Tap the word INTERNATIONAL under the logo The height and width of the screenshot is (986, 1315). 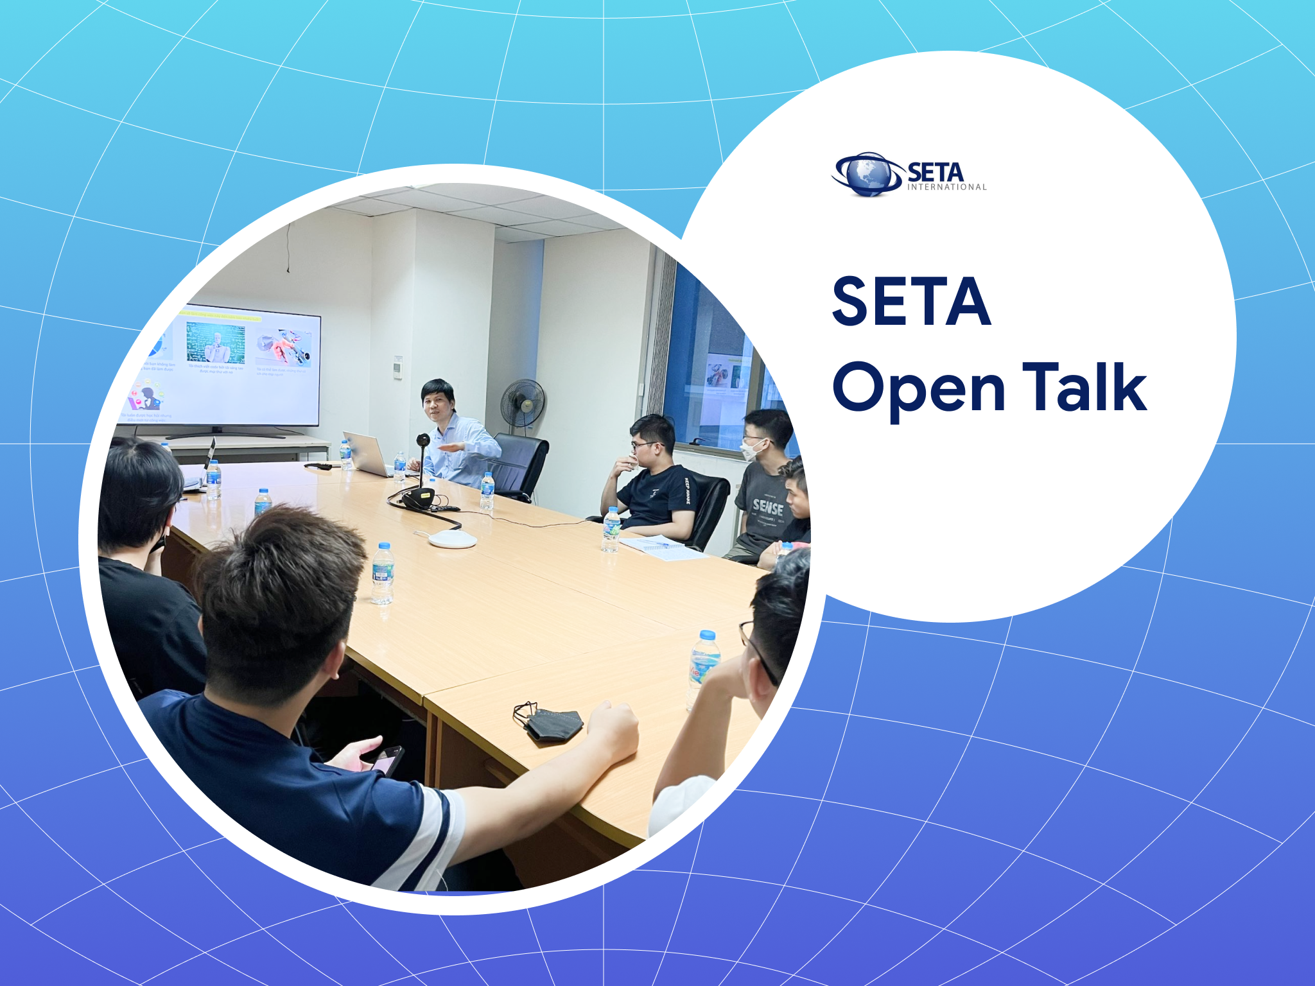tap(946, 187)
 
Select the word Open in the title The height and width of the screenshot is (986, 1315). tap(918, 389)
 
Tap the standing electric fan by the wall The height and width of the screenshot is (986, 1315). tap(523, 404)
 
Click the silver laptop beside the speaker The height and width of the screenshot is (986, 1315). tap(367, 452)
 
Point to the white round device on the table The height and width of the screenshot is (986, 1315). tap(452, 539)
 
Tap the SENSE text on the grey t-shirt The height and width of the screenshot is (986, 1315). tap(768, 508)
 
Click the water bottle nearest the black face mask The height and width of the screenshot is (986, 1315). tap(704, 661)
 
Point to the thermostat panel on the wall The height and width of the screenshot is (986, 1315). tap(398, 367)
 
